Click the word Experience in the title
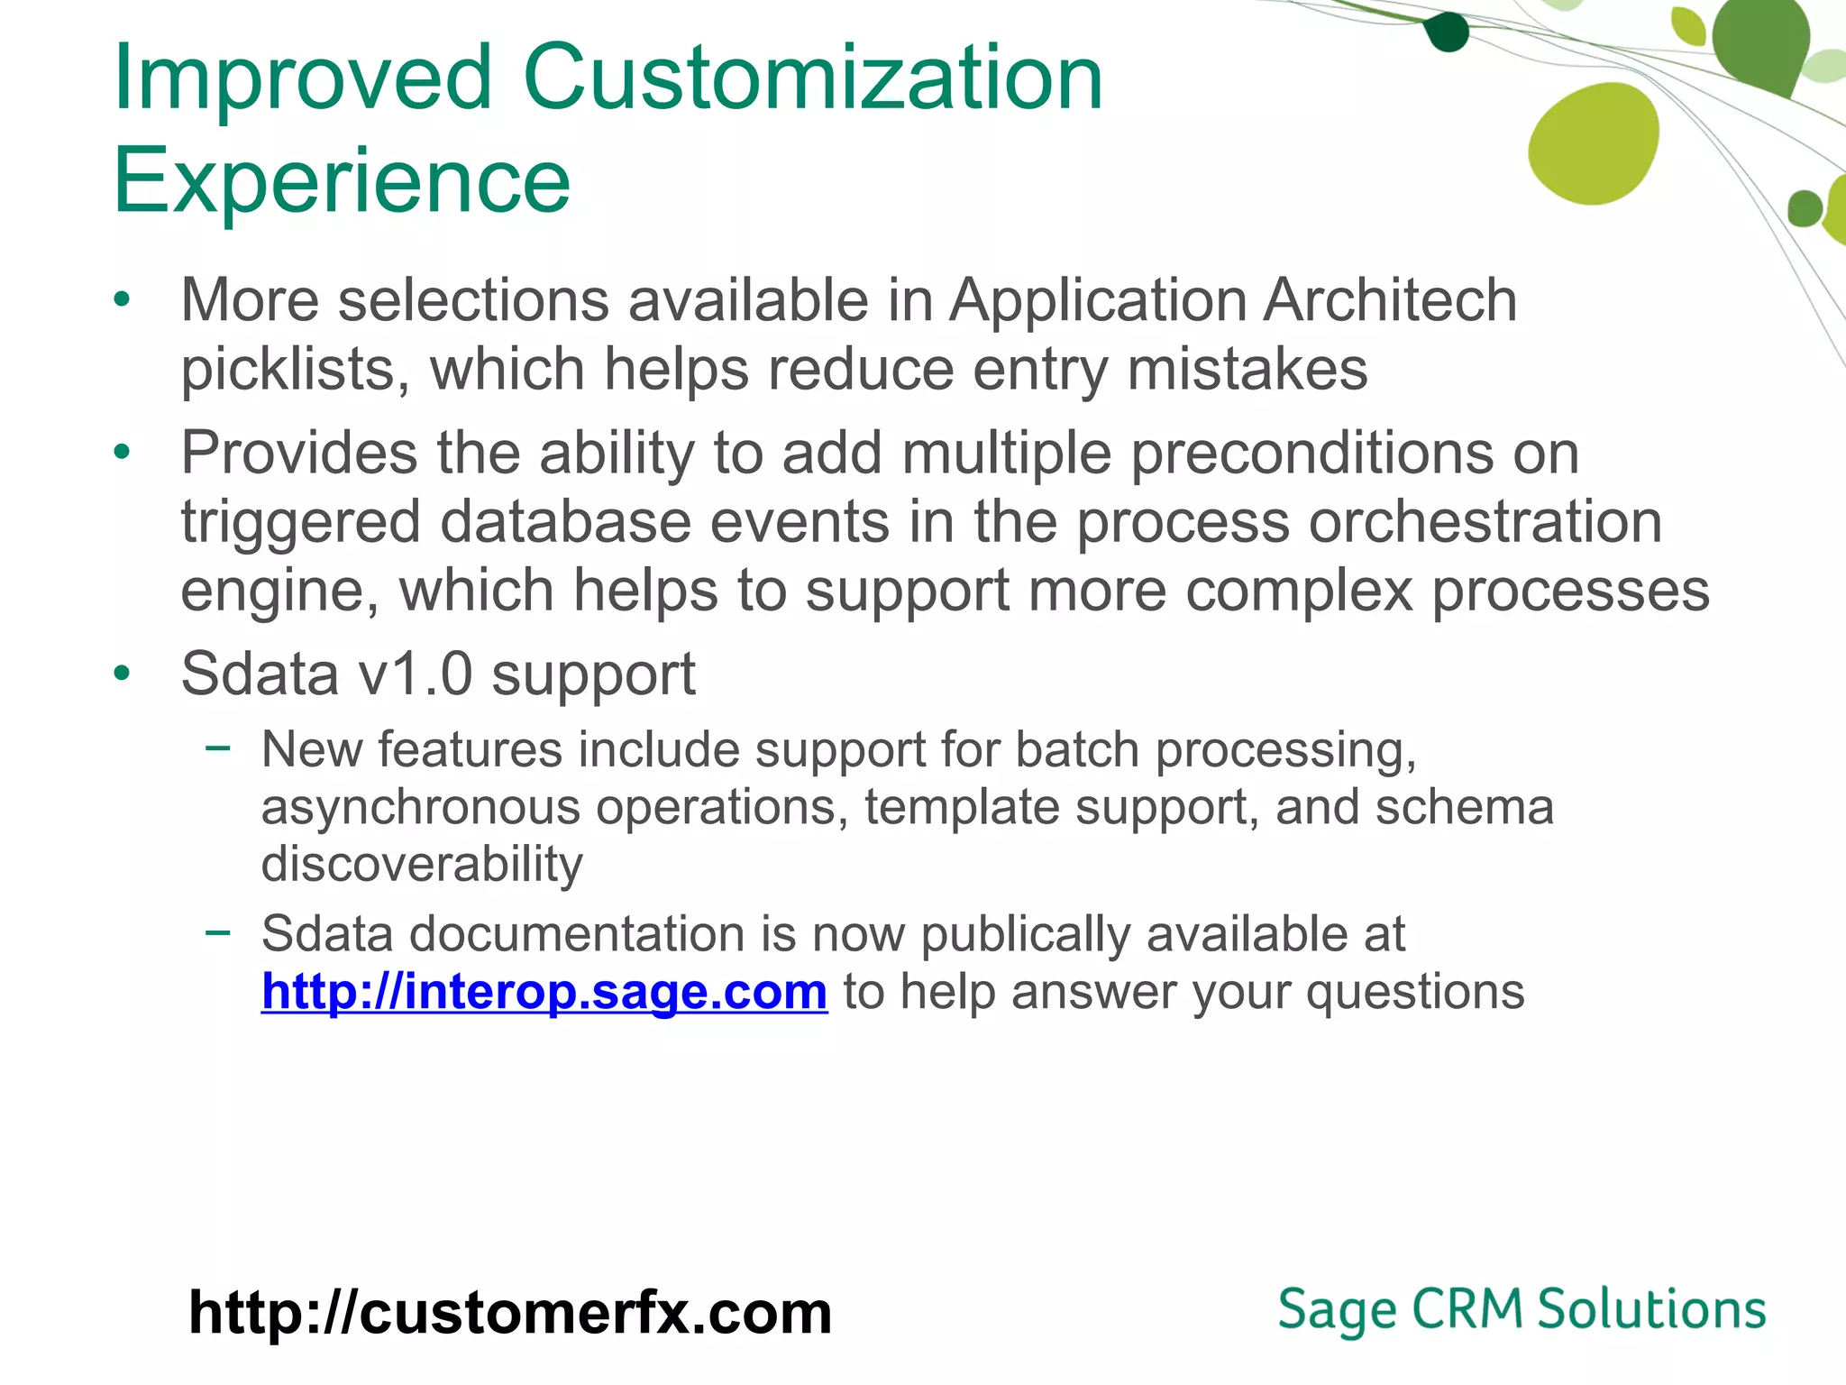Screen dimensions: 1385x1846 [342, 181]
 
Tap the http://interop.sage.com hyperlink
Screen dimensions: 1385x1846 [544, 991]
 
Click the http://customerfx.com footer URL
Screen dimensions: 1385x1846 [510, 1312]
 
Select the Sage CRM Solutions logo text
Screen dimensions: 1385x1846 [1522, 1309]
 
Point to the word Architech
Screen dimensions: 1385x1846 [1389, 300]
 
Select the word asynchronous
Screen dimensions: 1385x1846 [420, 806]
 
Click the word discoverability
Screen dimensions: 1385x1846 [422, 864]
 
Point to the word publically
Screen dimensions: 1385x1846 [1025, 933]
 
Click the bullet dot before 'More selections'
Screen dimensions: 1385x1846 [123, 300]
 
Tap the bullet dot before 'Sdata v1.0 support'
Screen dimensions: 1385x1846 [123, 674]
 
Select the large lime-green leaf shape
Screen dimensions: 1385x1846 [1594, 144]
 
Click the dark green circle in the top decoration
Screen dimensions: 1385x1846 [1448, 33]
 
